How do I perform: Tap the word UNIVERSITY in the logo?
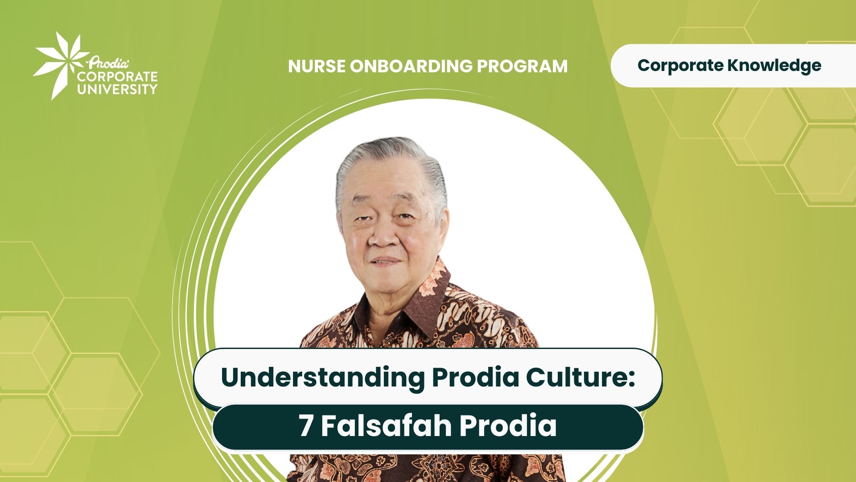[117, 89]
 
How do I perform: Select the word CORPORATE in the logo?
[117, 76]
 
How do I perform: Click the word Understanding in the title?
[322, 378]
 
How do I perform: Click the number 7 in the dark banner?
[306, 426]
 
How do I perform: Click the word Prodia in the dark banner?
[508, 426]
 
